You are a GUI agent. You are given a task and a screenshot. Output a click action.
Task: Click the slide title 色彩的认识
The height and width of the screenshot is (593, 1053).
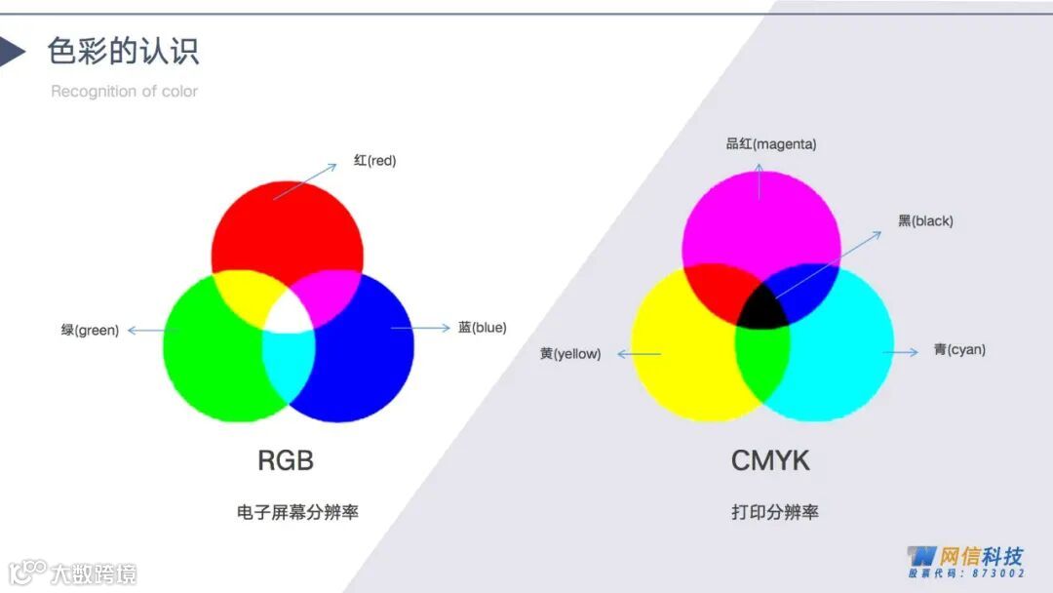click(x=123, y=51)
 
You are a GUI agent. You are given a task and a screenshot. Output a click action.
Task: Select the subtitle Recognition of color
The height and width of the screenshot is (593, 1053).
click(x=124, y=91)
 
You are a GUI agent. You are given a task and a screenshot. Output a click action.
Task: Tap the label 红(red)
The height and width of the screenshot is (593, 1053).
click(x=374, y=160)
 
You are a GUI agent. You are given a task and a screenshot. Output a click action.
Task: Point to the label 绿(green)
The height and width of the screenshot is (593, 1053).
click(x=90, y=331)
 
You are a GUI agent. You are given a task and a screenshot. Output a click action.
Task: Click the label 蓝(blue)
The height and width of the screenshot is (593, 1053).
click(x=482, y=328)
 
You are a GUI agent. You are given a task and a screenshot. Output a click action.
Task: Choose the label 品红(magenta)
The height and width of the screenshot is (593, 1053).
click(x=770, y=144)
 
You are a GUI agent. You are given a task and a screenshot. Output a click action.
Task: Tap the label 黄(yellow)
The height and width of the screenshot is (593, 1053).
click(x=570, y=353)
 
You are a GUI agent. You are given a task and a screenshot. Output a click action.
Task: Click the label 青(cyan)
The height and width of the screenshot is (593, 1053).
click(x=958, y=349)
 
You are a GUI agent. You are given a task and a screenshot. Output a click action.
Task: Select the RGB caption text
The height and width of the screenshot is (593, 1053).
click(x=286, y=460)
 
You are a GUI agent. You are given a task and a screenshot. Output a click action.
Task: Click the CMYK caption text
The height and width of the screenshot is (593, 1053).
click(x=770, y=460)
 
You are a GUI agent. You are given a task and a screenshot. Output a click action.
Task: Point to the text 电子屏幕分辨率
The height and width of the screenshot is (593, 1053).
click(x=297, y=511)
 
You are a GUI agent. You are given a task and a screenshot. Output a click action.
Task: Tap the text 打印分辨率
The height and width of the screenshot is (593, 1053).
click(x=775, y=511)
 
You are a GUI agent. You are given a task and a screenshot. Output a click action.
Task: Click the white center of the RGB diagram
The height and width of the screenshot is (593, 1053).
click(x=290, y=312)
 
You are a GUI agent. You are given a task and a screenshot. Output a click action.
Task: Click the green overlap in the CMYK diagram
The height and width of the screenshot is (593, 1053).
click(x=761, y=356)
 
